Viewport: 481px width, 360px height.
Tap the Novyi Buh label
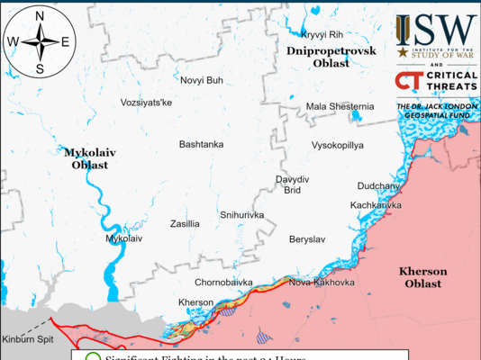tap(202, 80)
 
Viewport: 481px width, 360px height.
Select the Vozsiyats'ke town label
tap(146, 103)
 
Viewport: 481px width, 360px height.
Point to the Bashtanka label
tap(201, 144)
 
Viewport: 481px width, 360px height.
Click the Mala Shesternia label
tap(340, 106)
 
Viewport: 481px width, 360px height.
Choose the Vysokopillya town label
tap(337, 144)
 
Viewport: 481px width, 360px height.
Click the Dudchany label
tap(378, 185)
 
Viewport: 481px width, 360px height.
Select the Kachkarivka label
tap(376, 205)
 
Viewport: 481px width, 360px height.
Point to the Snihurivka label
tap(241, 215)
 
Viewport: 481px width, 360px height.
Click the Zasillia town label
tap(185, 223)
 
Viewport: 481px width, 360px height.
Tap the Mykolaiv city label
tap(124, 238)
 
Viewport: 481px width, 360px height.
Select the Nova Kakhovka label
tap(322, 282)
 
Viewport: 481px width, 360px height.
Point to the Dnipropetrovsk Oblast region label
tap(331, 58)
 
